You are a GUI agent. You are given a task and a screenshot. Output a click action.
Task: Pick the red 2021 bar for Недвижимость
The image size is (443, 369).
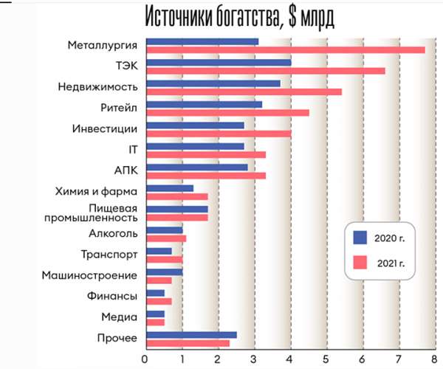coord(244,92)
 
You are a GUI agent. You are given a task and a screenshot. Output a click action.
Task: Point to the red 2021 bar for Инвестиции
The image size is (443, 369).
coord(219,134)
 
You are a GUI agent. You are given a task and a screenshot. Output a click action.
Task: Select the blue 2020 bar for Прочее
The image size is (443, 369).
coord(191,334)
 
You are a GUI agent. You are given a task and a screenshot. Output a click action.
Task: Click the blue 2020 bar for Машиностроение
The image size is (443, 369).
coord(164,272)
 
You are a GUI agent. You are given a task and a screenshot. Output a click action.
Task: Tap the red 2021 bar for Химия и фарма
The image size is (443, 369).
coord(177,197)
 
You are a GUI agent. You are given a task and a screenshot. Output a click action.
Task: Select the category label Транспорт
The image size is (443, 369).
coord(110,255)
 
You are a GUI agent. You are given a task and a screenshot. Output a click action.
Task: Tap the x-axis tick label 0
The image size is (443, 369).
coord(145,359)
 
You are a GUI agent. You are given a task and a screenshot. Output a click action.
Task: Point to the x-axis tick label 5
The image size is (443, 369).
coord(326,359)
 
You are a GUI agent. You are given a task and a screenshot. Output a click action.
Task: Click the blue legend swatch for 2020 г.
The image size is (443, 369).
coord(361,237)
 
